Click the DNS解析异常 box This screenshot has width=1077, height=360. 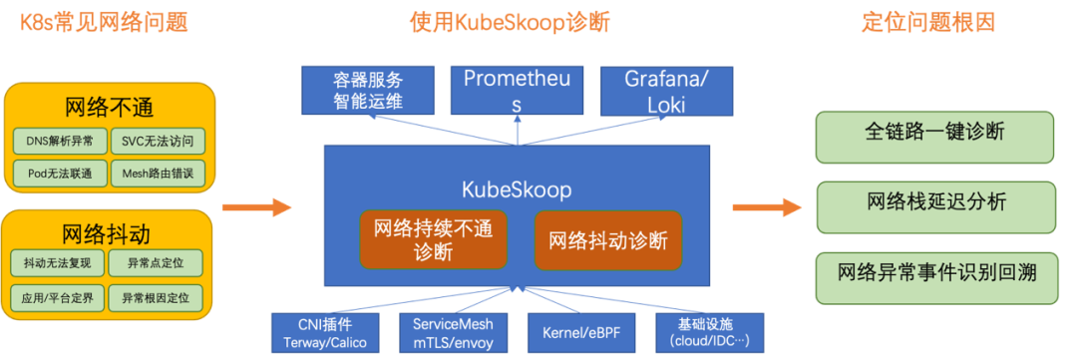pos(59,141)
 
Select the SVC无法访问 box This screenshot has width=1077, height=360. pos(157,141)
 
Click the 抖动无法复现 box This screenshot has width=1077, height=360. pos(59,264)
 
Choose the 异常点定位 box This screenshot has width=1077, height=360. pos(157,264)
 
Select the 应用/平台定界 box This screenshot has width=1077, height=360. pos(59,297)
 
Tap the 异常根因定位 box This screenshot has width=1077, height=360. pos(157,297)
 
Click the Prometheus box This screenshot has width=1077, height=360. pos(517,90)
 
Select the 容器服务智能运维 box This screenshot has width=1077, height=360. pos(368,90)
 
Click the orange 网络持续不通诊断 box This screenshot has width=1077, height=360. pos(434,240)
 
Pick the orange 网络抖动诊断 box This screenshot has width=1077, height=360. pos(607,240)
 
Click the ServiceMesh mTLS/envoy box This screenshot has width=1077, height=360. pos(453,333)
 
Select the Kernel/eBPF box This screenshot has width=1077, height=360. pos(581,333)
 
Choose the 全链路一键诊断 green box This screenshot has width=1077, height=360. pos(934,137)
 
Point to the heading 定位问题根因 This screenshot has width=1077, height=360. pos(927,23)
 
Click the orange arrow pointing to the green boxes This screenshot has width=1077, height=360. pos(766,207)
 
